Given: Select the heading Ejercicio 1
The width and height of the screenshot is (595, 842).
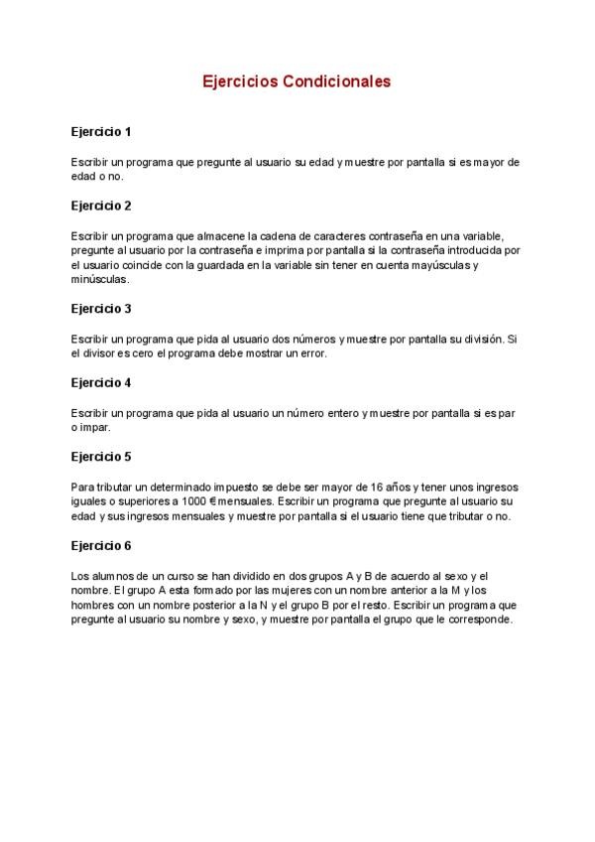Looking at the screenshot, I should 101,131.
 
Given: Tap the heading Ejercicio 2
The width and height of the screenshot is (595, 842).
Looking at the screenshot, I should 101,206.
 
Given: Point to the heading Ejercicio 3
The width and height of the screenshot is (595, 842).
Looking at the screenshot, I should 101,308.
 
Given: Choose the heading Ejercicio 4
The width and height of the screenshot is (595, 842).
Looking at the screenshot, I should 101,382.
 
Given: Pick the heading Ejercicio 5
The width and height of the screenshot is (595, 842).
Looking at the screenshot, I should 101,457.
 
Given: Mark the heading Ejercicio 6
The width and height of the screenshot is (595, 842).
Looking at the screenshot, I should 101,545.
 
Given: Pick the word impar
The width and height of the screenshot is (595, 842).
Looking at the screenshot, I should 96,427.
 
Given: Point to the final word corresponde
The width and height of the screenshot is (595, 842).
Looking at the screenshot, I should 480,619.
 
